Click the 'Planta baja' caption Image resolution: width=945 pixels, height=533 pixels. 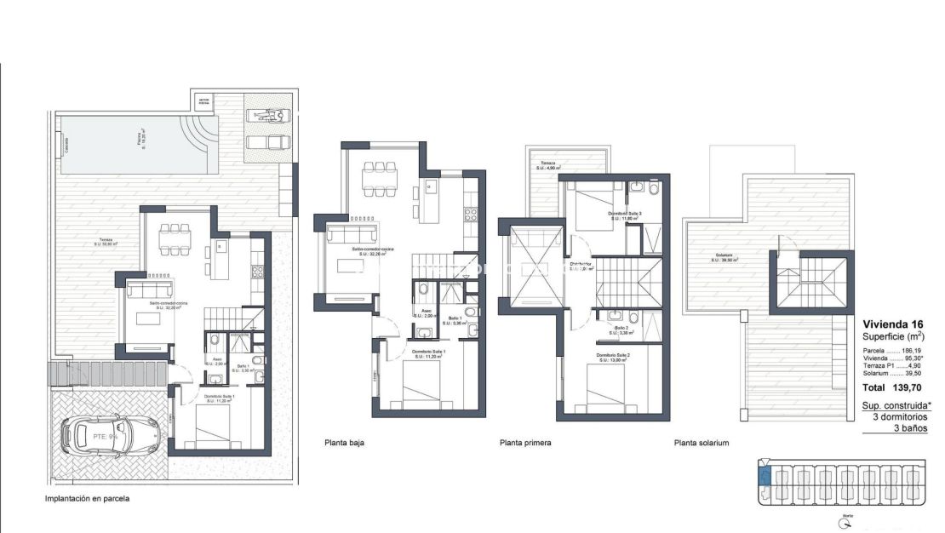pos(346,443)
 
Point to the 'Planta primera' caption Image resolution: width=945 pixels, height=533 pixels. pos(525,443)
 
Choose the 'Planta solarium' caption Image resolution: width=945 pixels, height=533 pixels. pos(702,443)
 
